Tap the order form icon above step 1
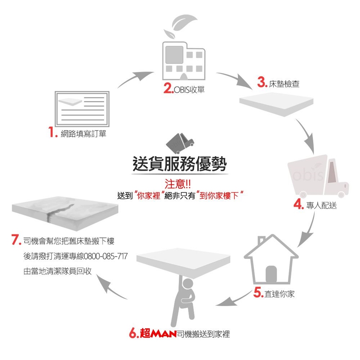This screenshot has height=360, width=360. (82, 109)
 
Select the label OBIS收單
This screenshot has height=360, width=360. (189, 90)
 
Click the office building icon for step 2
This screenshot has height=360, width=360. (184, 61)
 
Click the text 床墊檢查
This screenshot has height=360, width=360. (284, 84)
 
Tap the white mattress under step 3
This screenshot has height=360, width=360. (276, 104)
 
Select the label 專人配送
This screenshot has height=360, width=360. (321, 205)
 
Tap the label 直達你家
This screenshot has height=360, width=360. (279, 294)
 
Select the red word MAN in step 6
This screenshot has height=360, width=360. (164, 334)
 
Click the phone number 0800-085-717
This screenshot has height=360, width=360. (106, 256)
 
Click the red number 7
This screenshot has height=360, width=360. (16, 240)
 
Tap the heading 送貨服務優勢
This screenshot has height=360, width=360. (180, 164)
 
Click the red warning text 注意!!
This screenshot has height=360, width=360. (177, 184)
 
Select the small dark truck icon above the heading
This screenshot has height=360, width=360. (180, 143)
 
